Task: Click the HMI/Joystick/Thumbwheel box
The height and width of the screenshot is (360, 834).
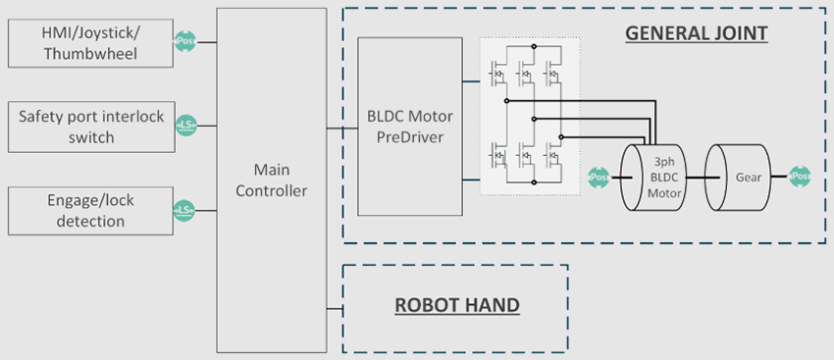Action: pyautogui.click(x=91, y=42)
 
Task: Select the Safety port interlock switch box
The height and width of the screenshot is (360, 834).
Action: pyautogui.click(x=91, y=126)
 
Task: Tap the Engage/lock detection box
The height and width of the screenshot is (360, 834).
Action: pyautogui.click(x=91, y=210)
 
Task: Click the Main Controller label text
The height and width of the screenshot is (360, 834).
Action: pyautogui.click(x=272, y=180)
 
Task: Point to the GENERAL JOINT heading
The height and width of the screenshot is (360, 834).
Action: pyautogui.click(x=696, y=33)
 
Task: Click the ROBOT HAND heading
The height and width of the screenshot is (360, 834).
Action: pyautogui.click(x=456, y=305)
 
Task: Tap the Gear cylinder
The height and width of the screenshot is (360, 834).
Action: pyautogui.click(x=743, y=178)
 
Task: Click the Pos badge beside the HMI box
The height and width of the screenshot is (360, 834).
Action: pyautogui.click(x=185, y=42)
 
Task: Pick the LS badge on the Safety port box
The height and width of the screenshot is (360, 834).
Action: pyautogui.click(x=185, y=126)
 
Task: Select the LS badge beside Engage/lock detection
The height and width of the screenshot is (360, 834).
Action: pyautogui.click(x=185, y=210)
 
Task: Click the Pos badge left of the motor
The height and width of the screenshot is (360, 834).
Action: pyautogui.click(x=599, y=178)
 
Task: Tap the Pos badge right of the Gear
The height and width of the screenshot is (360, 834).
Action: pyautogui.click(x=800, y=178)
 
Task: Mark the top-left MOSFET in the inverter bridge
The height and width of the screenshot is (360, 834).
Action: pyautogui.click(x=498, y=74)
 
